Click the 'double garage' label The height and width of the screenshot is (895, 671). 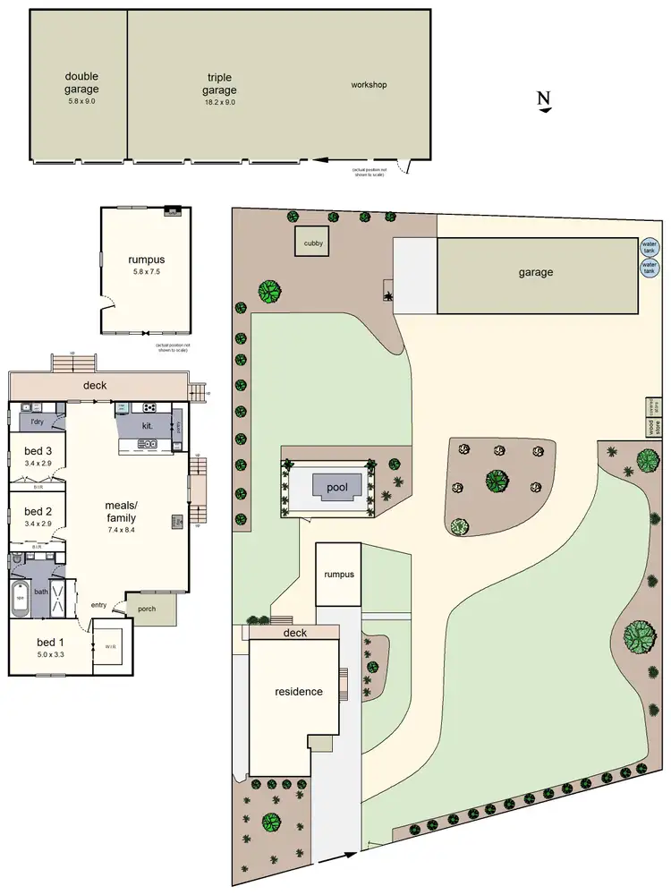click(x=81, y=82)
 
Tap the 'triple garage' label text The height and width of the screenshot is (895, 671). click(x=219, y=84)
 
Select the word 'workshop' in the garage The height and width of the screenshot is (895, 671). click(x=369, y=85)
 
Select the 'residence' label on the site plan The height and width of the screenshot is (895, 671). click(x=299, y=691)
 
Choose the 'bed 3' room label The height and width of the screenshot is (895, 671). click(x=38, y=450)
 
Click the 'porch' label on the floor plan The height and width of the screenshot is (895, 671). click(x=146, y=608)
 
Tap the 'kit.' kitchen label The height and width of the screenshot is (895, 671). click(x=147, y=426)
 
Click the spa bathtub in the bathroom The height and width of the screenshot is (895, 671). click(x=21, y=597)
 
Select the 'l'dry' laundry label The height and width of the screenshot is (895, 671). click(x=38, y=421)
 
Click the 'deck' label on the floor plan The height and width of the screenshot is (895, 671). click(x=94, y=386)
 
